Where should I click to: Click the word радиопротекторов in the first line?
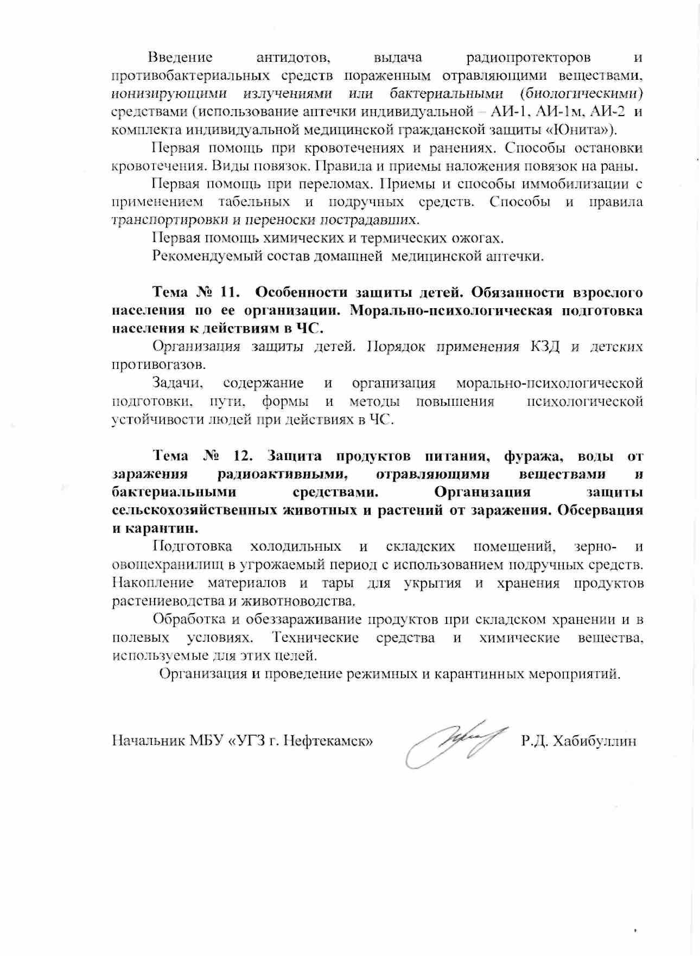tap(529, 58)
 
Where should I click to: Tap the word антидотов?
tap(292, 58)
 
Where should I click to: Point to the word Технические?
tap(316, 638)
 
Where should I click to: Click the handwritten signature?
tap(454, 742)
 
